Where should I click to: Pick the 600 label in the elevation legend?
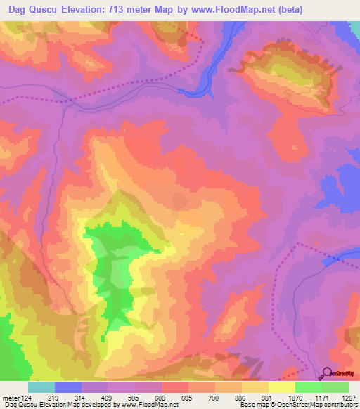click(162, 398)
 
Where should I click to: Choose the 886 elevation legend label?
click(241, 398)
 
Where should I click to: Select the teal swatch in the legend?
click(41, 387)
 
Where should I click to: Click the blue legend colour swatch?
click(68, 387)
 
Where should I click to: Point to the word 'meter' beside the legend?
click(10, 398)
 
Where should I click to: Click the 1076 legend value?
click(294, 398)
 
